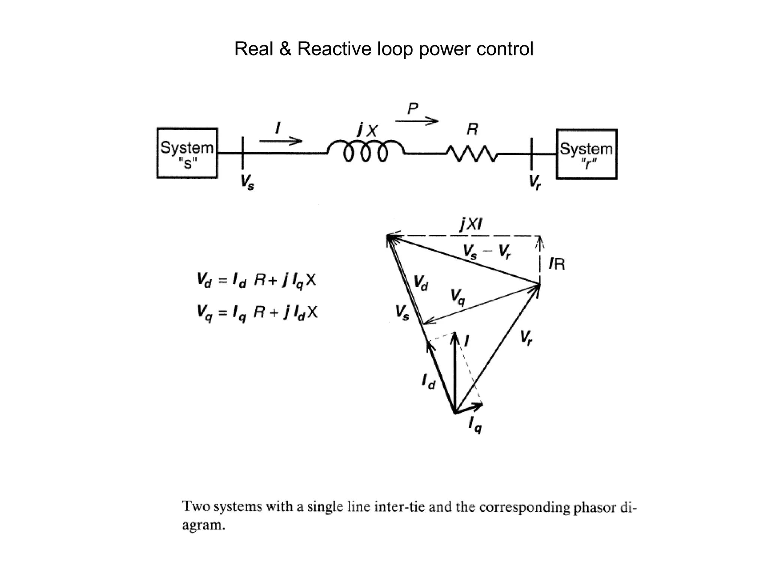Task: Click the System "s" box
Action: pos(187,153)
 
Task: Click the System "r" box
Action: pos(586,154)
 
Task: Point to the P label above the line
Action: pos(412,109)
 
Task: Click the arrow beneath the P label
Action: pos(417,121)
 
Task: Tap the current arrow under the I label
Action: pos(280,141)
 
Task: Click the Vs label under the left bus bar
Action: pos(247,183)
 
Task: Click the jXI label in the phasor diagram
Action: pos(471,225)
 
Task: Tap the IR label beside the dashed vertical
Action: pos(556,264)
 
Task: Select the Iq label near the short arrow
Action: pos(475,425)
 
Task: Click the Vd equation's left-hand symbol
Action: pos(204,280)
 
